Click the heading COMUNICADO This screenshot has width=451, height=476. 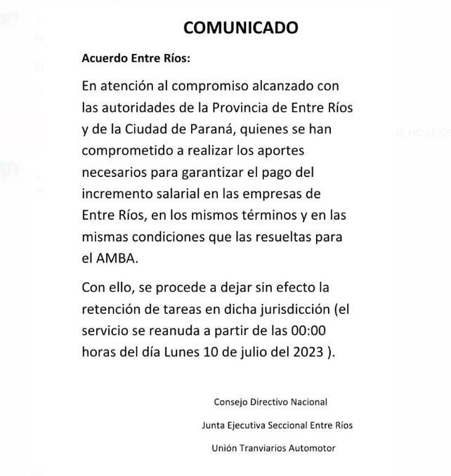point(241,27)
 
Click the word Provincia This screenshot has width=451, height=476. point(254,108)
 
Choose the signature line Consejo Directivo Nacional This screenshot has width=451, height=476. point(270,402)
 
